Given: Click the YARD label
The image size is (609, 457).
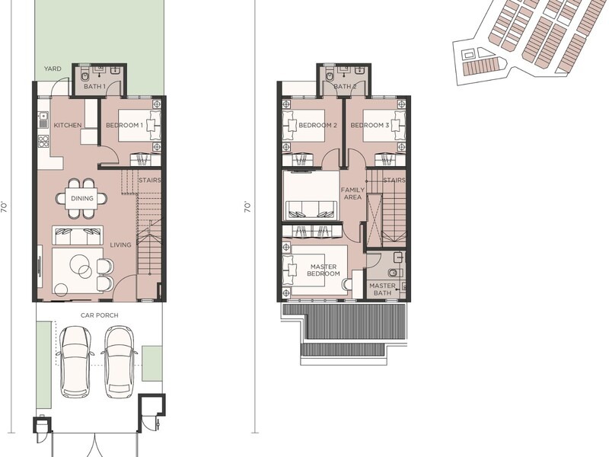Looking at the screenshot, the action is coord(53,69).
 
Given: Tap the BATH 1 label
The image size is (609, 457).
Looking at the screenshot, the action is coord(94,86).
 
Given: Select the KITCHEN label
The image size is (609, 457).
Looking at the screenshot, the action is coord(68,125).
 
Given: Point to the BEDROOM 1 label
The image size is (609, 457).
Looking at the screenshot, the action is coord(125,125).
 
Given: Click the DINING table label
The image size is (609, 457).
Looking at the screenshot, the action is coord(82,198).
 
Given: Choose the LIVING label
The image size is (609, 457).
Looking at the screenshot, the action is coord(120,244).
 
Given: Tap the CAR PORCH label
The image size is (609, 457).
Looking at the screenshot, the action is coord(100,315).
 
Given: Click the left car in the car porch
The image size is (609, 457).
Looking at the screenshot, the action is coord(75,361).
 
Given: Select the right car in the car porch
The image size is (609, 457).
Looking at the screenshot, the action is coord(120,360).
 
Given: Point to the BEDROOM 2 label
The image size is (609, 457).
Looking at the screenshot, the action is coord(317,125).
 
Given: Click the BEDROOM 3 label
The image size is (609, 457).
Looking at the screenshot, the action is coord(370,125).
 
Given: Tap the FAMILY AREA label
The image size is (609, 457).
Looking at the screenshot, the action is coord(352,193).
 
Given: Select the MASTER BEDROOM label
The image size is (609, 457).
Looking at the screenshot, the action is coord(324,270).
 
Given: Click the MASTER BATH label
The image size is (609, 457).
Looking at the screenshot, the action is coord(383,289).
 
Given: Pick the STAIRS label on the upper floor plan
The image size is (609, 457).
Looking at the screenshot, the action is coord(394,181).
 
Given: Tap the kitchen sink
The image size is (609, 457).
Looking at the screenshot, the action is coord(43,116).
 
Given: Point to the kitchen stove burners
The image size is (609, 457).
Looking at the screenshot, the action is coord(43,141).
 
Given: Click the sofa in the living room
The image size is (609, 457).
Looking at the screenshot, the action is coord(78,235).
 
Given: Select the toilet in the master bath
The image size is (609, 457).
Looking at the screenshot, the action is coord(395,273).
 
